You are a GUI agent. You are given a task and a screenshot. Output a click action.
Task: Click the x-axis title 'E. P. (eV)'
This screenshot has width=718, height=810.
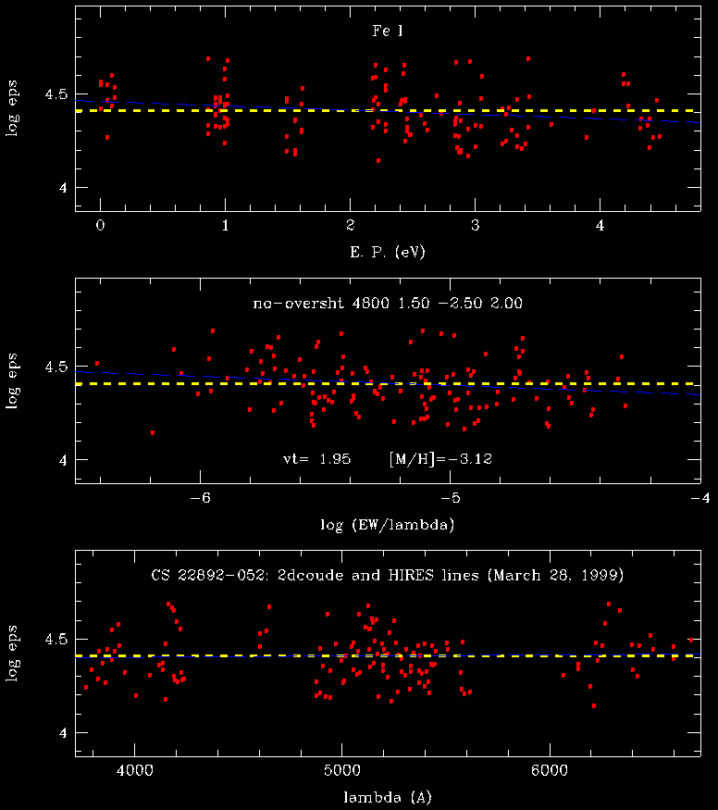tap(387, 252)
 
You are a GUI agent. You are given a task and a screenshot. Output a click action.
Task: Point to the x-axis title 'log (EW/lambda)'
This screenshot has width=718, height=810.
tap(387, 524)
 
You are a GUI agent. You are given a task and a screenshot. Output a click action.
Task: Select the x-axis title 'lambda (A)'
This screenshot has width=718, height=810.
tap(387, 795)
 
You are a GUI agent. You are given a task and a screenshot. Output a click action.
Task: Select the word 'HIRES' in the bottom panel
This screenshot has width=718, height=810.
tap(419, 575)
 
